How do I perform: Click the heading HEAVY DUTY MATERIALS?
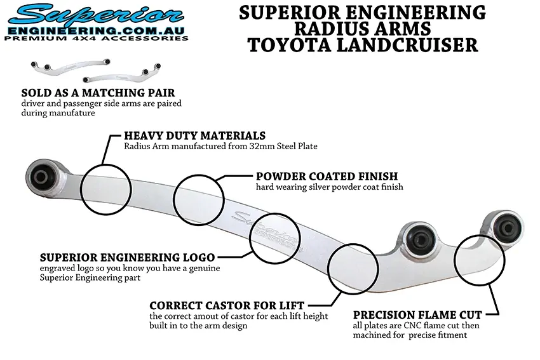click(x=194, y=136)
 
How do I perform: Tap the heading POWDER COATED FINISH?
click(x=327, y=176)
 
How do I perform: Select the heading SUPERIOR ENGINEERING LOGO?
click(x=127, y=258)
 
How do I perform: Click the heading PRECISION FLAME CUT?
click(x=417, y=314)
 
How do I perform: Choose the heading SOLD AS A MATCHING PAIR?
click(x=98, y=93)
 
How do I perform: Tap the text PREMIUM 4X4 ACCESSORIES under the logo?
click(x=96, y=38)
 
